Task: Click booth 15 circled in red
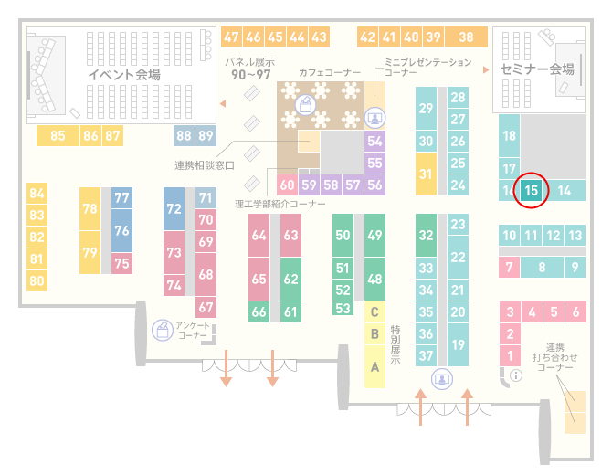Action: [x=531, y=191]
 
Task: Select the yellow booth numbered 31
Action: [x=426, y=174]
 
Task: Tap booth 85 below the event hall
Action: [x=58, y=136]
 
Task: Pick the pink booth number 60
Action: [x=287, y=185]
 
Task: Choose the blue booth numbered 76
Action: [x=121, y=230]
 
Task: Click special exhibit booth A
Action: [x=375, y=366]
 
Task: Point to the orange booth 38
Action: [x=467, y=37]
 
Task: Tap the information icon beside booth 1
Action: [x=516, y=375]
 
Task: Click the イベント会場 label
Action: [x=124, y=74]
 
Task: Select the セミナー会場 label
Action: [x=537, y=69]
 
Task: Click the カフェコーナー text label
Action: [x=330, y=72]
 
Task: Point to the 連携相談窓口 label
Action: [x=205, y=165]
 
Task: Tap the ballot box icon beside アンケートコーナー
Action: [x=163, y=330]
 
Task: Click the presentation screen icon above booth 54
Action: [x=375, y=118]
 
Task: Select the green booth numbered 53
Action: [x=343, y=309]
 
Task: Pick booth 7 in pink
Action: [x=509, y=268]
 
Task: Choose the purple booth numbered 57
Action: [x=353, y=185]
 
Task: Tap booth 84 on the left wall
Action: [x=37, y=194]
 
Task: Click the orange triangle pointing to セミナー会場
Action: [x=486, y=69]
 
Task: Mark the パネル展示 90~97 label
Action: [x=250, y=69]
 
